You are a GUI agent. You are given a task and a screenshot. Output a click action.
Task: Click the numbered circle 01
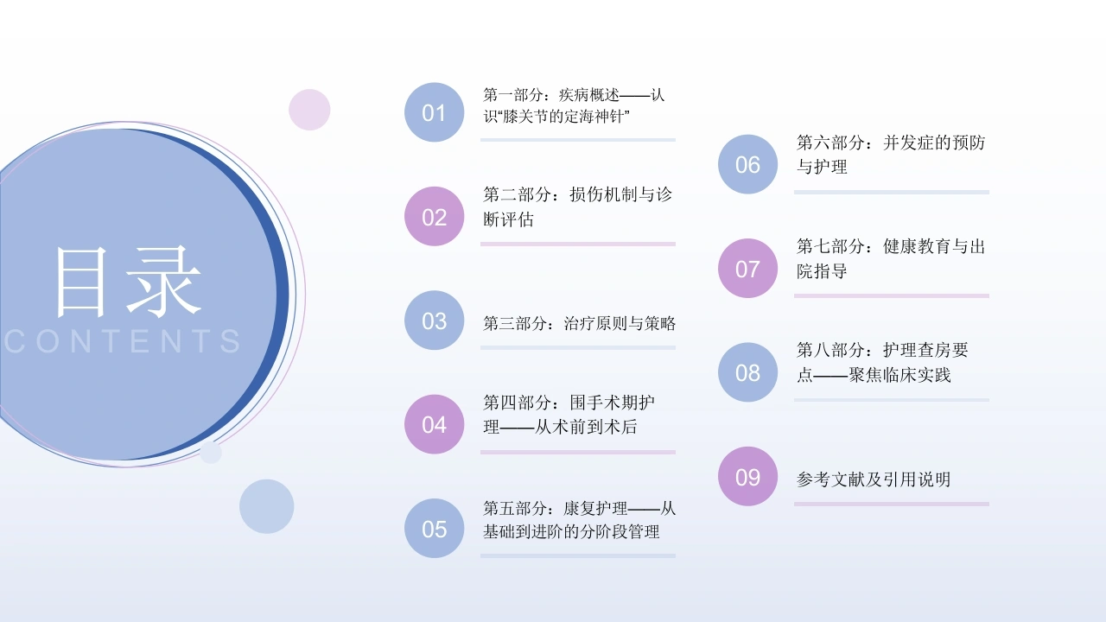[434, 112]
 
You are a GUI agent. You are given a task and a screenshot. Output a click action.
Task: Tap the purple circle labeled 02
[434, 216]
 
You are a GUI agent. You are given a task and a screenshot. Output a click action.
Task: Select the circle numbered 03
[434, 321]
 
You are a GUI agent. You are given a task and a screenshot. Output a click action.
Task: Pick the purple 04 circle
[434, 424]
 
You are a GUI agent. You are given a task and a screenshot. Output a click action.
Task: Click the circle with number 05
[434, 528]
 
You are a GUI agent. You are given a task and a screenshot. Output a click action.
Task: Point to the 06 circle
[747, 164]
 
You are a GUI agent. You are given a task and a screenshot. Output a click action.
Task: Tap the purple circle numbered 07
[747, 269]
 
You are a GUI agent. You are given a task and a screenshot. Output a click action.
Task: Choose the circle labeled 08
[747, 372]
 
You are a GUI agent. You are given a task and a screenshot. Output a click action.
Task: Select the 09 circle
[747, 476]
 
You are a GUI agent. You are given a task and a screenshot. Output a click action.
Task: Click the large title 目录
[129, 282]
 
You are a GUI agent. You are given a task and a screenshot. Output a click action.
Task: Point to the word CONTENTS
[123, 341]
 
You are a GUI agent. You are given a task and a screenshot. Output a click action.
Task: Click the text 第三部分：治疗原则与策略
[579, 324]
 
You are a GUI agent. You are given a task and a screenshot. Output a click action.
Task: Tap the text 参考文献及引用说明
[874, 479]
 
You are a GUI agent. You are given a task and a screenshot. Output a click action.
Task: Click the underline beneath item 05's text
[578, 555]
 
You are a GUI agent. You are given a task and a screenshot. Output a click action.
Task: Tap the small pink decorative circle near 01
[309, 110]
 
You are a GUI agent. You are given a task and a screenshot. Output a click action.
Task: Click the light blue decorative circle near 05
[267, 506]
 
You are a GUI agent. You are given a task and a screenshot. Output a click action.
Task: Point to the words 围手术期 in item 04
[612, 403]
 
